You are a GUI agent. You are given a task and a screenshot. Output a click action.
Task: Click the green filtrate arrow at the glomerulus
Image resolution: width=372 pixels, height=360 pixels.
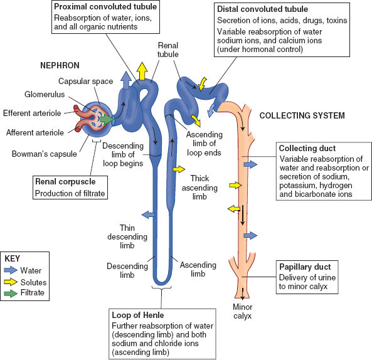point(107,119)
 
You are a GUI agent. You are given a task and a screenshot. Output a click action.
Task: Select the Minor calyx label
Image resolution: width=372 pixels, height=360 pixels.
point(242,311)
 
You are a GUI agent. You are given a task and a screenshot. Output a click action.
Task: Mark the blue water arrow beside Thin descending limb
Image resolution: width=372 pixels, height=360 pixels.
point(149,214)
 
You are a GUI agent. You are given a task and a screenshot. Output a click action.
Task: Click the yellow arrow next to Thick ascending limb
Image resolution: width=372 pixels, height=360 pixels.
point(179,169)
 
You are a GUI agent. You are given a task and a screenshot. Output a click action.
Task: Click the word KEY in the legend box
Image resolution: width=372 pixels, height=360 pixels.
point(14,257)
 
